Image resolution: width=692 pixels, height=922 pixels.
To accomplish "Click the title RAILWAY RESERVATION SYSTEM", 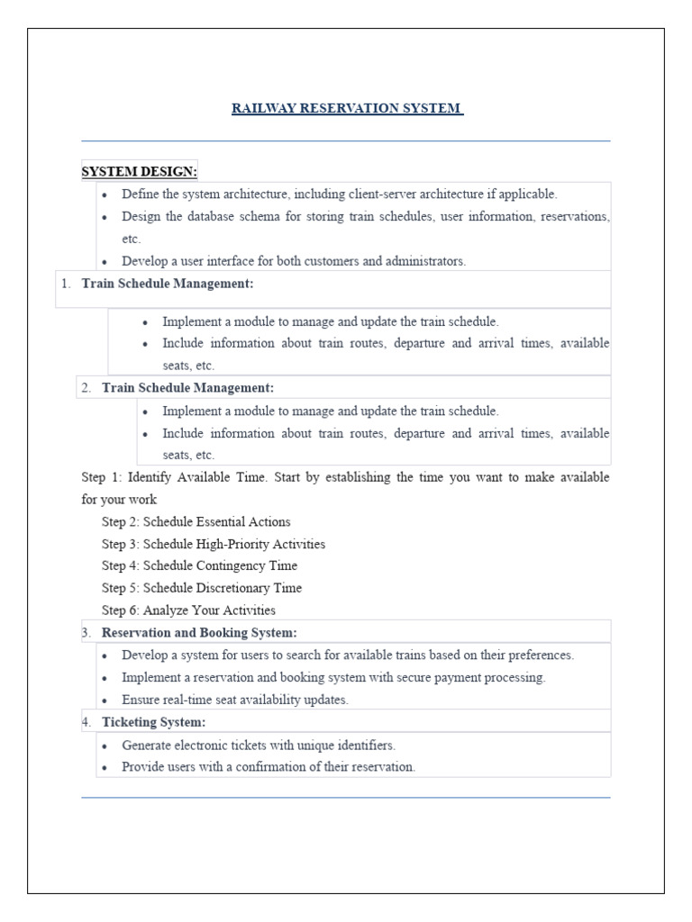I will point(347,109).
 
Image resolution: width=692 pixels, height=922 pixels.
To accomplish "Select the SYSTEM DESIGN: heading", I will point(139,171).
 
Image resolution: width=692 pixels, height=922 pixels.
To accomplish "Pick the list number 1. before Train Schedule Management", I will point(65,284).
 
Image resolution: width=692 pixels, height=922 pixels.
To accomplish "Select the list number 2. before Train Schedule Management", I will point(86,388).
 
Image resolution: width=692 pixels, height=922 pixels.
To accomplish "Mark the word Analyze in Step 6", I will point(164,610).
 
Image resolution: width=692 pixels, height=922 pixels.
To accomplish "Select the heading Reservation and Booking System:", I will point(199,633).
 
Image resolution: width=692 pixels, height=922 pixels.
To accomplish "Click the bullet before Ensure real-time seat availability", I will point(106,701).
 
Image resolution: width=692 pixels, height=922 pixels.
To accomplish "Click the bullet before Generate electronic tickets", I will point(106,746).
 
